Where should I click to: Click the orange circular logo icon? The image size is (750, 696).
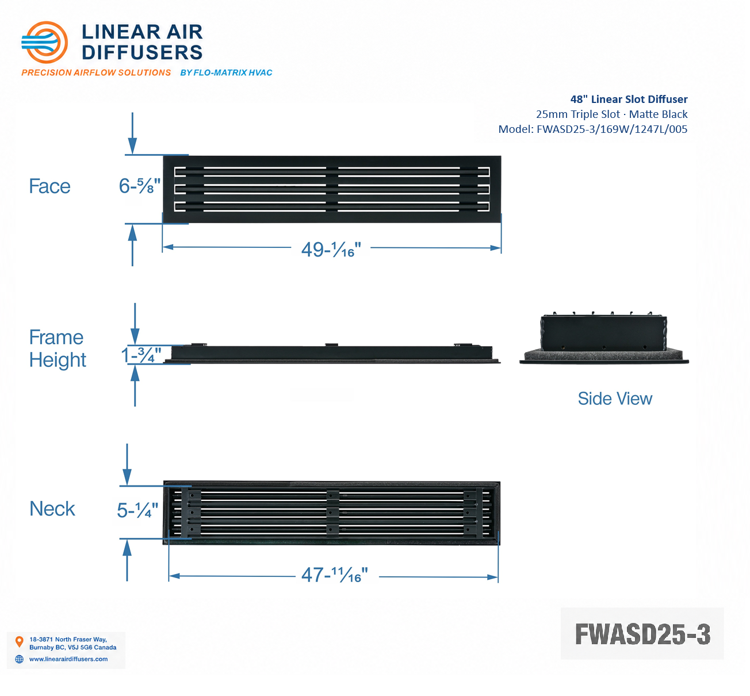[44, 43]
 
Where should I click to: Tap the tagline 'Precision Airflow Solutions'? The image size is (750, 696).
[96, 72]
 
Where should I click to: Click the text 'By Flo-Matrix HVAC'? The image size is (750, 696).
[226, 72]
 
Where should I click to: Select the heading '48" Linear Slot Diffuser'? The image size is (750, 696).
[629, 100]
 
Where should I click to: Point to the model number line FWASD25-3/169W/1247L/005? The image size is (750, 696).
[593, 129]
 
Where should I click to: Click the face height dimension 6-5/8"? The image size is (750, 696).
[140, 186]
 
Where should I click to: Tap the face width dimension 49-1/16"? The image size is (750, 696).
[331, 250]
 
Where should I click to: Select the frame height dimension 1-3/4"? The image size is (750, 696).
[141, 355]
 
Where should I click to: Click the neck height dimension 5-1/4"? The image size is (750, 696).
[137, 510]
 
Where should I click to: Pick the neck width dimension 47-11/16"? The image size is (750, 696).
[335, 575]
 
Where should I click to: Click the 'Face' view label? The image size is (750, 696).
[49, 186]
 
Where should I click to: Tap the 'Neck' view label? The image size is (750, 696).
[52, 508]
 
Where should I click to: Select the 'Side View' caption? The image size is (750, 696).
[615, 399]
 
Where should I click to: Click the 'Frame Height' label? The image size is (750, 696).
[58, 349]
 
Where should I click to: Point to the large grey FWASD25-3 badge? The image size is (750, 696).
[642, 634]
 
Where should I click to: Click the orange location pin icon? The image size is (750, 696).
[19, 641]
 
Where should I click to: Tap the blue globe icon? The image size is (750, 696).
[19, 659]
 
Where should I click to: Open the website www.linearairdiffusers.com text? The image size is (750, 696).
[68, 659]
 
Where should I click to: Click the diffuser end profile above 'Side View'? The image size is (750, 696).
[604, 338]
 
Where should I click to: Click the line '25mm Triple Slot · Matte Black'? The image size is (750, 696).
[612, 114]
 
